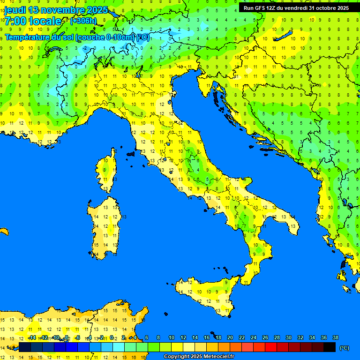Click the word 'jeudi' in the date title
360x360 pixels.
coord(15,10)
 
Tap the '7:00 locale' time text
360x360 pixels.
coord(33,21)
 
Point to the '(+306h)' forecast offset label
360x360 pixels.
coord(83,21)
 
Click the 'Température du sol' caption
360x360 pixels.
coord(39,37)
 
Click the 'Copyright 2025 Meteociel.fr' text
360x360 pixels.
coord(199,357)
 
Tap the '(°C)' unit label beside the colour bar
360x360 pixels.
coord(344,348)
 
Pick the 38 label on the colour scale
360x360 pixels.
coord(335,337)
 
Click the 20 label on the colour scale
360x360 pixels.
coord(230,337)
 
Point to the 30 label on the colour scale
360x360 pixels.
coord(288,337)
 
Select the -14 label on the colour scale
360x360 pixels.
coord(32,337)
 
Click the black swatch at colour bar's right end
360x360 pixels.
coord(330,347)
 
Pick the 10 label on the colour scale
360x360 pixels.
coord(171,337)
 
